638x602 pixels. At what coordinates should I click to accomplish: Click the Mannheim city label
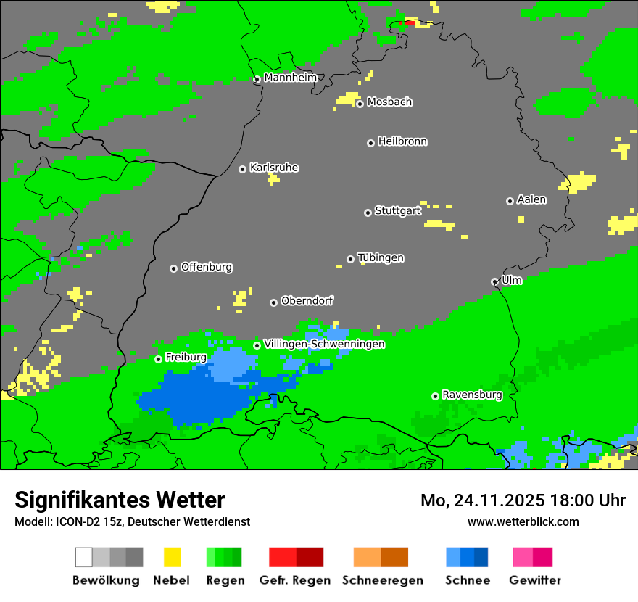[290, 78]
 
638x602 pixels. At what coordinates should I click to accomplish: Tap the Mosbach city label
[389, 102]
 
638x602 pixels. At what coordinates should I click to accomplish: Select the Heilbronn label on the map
[402, 141]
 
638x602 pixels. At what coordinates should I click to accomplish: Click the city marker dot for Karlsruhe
[243, 169]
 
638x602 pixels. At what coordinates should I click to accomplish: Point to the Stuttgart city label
[398, 211]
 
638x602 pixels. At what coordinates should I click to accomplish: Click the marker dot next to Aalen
[510, 201]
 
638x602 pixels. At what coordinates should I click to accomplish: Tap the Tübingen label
[381, 257]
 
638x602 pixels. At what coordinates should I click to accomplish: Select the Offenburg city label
[207, 267]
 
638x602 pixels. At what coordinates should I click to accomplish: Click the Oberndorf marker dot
[273, 302]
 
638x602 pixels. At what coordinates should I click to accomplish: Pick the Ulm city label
[512, 280]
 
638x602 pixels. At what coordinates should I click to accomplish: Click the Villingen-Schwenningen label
[324, 344]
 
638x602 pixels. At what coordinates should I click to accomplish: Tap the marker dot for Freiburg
[158, 359]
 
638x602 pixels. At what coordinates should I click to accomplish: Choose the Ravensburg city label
[472, 395]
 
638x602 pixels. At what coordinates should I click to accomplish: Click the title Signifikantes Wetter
[120, 500]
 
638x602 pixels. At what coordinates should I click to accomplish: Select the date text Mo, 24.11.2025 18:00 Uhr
[523, 500]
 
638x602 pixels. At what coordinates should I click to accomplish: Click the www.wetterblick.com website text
[523, 521]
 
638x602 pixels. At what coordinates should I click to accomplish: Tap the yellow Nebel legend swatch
[172, 557]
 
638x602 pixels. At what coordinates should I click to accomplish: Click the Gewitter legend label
[535, 580]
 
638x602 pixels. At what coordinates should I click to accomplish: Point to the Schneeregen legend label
[383, 580]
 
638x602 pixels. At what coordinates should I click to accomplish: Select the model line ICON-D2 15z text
[132, 521]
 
